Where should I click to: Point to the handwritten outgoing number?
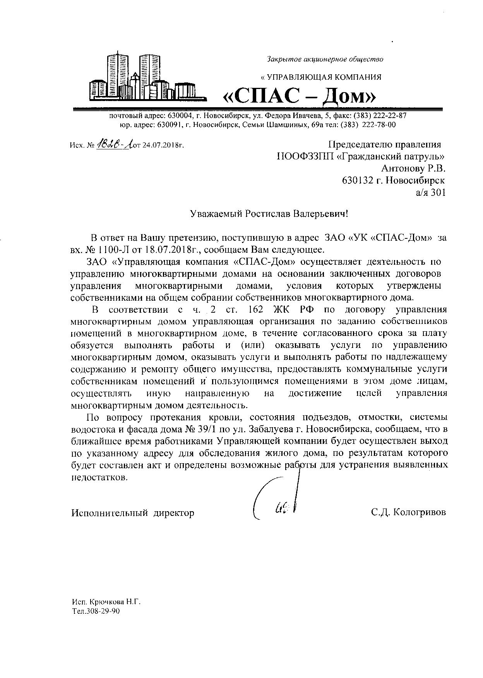[x=114, y=145]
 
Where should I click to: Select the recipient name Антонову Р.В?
[x=413, y=168]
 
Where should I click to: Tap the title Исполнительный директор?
[x=133, y=513]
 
